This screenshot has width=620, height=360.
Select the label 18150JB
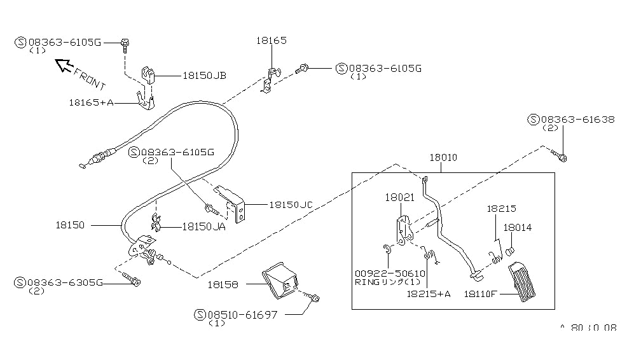205,76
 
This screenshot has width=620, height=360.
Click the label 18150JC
291,205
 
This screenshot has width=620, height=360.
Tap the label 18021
399,198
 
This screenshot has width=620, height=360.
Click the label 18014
518,227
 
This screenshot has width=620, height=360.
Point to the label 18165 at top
272,40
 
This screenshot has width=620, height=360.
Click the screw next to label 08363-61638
563,157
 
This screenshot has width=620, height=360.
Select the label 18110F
483,294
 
